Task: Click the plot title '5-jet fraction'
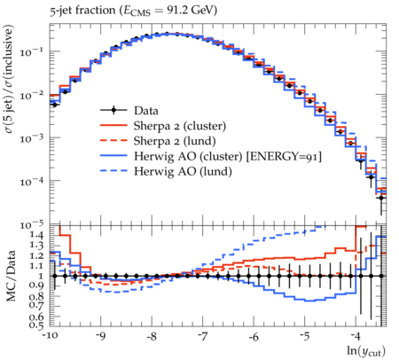click(x=82, y=11)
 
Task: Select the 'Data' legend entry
click(x=129, y=111)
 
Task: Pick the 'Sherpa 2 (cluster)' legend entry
click(x=163, y=126)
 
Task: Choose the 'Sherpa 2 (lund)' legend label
click(x=175, y=141)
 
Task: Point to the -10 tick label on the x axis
click(x=50, y=337)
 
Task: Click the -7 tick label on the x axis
click(x=203, y=337)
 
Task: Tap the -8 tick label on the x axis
click(x=152, y=337)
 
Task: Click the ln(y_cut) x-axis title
click(x=366, y=351)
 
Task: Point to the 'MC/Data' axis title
click(x=11, y=276)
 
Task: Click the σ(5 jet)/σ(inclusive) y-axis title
click(x=10, y=79)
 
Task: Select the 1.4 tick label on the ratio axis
click(x=37, y=236)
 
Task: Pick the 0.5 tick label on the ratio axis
click(x=37, y=325)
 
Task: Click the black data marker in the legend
click(x=113, y=111)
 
